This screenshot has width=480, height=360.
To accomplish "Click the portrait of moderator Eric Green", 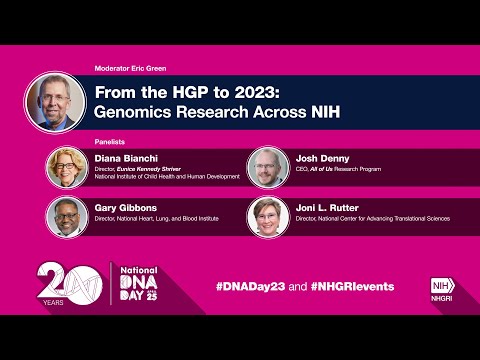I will click(x=55, y=102).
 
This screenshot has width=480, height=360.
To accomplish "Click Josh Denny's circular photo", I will click(x=268, y=166).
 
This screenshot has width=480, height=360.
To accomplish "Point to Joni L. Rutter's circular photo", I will click(x=268, y=215).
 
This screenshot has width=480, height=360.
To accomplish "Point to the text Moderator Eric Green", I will click(x=130, y=68).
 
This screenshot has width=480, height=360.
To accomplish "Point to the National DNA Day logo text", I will click(x=139, y=285).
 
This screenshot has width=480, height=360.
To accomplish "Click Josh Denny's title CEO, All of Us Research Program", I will click(x=345, y=170).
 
